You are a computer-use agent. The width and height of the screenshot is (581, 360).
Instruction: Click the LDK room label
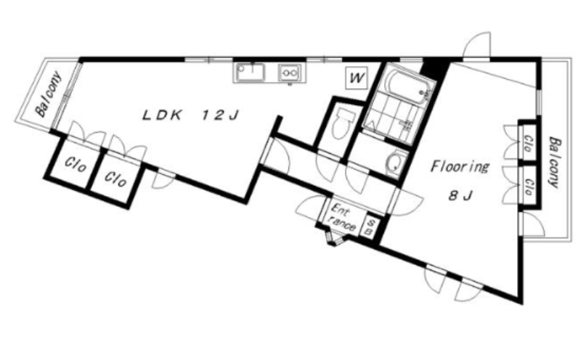point(162,115)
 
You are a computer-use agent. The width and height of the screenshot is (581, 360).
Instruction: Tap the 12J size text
point(220,115)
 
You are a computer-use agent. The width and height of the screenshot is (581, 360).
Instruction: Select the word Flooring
point(460,167)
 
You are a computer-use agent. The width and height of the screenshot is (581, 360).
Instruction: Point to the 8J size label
point(460,195)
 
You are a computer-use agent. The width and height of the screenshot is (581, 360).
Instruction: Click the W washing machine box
point(357,78)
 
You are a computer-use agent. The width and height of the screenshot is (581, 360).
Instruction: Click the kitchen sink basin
point(251,72)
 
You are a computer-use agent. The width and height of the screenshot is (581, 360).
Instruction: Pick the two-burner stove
point(290,73)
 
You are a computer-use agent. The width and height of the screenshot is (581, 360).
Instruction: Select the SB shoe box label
point(370,227)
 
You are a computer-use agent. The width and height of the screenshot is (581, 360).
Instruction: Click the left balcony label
point(49,94)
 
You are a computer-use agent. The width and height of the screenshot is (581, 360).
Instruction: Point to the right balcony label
point(555,163)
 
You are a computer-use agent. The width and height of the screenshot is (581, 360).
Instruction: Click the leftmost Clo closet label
point(76,165)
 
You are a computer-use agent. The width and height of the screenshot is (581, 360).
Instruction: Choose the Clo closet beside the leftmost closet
point(115,179)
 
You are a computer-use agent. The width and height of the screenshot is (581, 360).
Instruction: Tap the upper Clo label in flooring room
point(529,144)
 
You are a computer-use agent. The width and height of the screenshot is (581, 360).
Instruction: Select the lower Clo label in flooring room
point(529,187)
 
